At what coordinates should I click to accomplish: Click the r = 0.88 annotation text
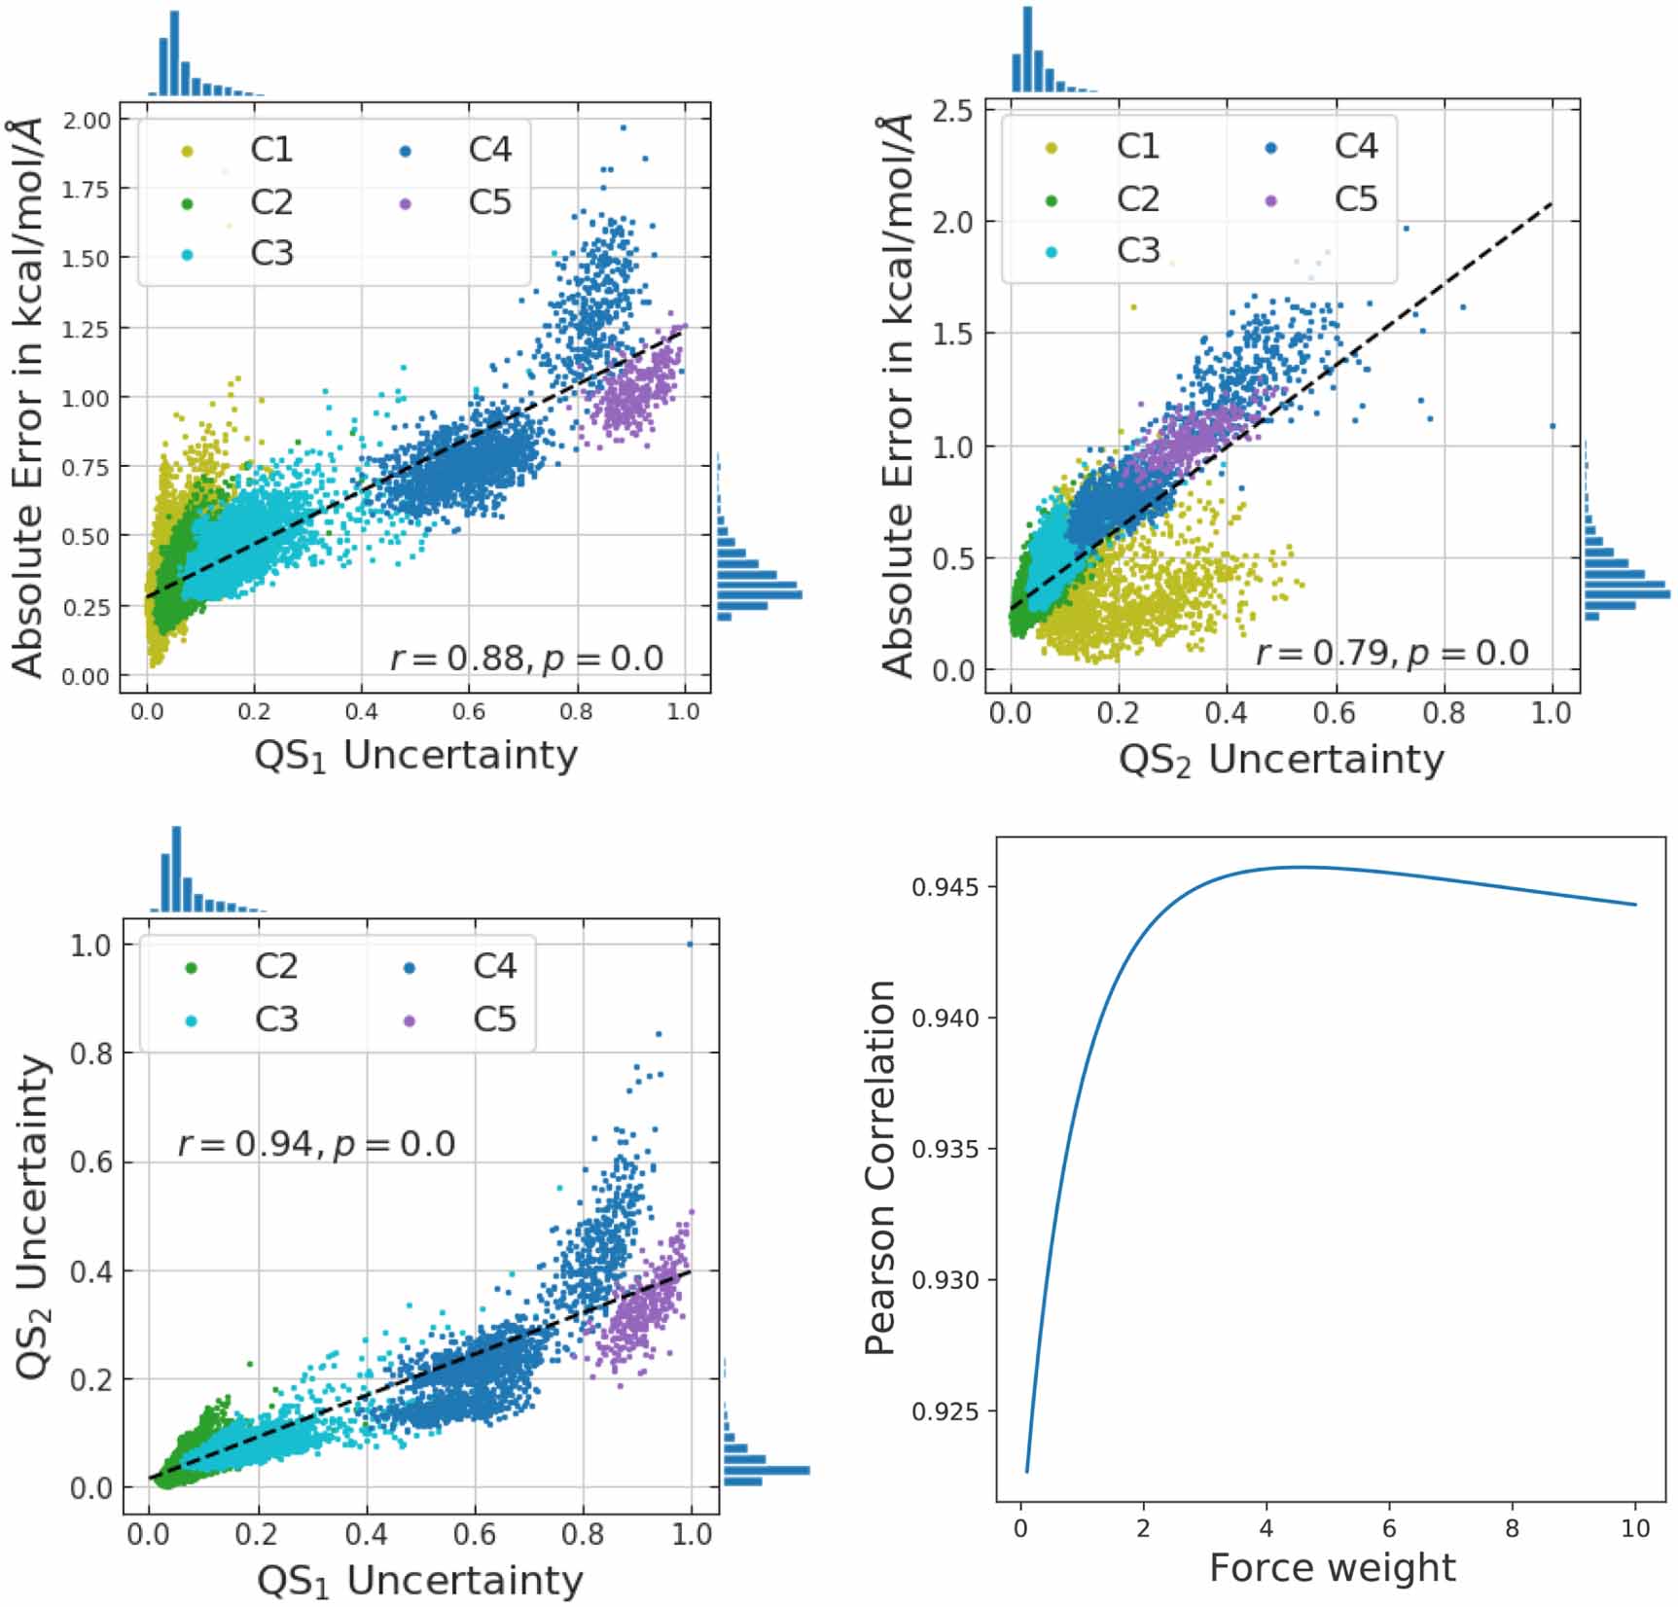click(x=526, y=659)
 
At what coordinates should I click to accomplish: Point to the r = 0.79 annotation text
click(x=1392, y=653)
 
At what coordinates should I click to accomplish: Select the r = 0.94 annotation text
click(x=316, y=1143)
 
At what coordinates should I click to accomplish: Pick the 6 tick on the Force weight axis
click(x=1389, y=1528)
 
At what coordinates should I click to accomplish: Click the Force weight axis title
click(x=1332, y=1568)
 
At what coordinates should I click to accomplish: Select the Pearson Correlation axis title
click(x=880, y=1167)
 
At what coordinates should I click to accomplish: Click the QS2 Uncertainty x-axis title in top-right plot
click(x=1281, y=760)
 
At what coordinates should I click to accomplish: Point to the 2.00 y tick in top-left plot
click(x=86, y=120)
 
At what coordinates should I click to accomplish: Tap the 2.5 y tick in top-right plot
click(x=952, y=111)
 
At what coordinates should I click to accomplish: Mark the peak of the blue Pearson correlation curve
click(x=1303, y=867)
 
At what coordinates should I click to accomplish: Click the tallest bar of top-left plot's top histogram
click(x=174, y=54)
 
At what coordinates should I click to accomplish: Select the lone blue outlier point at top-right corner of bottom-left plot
click(x=690, y=944)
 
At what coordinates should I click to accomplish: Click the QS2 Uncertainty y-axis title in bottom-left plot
click(x=34, y=1216)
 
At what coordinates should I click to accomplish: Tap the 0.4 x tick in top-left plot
click(x=361, y=711)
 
